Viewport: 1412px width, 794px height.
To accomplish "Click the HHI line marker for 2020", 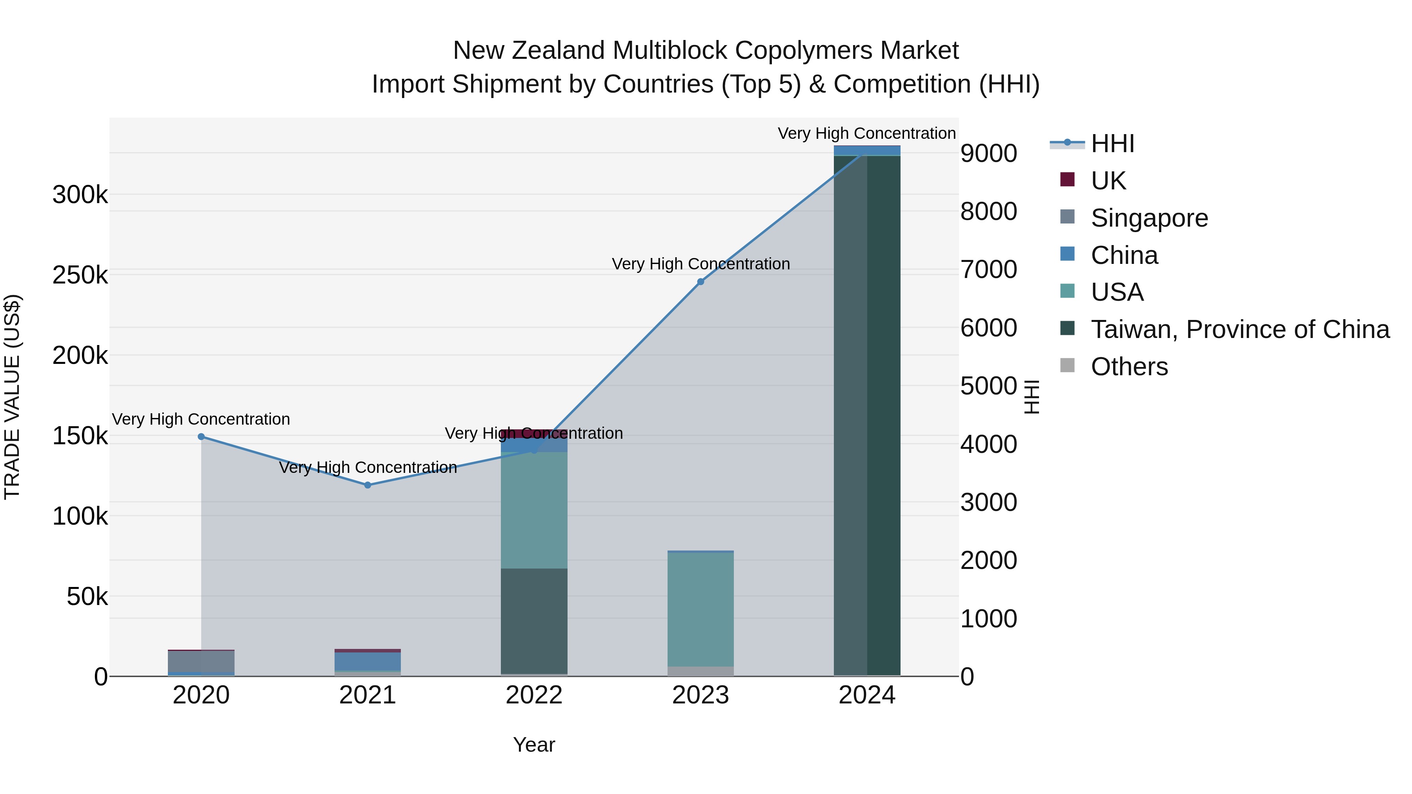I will tap(201, 437).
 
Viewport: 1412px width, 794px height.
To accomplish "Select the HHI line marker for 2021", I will tap(368, 485).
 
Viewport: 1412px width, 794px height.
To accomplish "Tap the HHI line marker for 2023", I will tap(701, 282).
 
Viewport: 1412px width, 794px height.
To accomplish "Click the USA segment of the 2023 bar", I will tap(701, 608).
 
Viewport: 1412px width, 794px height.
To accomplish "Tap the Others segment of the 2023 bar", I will tap(701, 671).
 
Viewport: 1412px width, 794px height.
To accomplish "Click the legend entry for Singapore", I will tap(1149, 218).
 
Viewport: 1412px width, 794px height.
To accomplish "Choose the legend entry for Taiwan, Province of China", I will tap(1240, 329).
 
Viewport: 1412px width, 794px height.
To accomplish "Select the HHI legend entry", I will tap(1112, 144).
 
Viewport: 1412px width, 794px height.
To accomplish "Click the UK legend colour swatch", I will tap(1067, 179).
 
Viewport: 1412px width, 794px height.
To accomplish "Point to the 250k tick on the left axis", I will tap(80, 275).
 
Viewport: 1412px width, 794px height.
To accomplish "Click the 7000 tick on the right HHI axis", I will tap(988, 270).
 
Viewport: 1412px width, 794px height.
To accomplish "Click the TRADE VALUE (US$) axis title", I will tap(12, 397).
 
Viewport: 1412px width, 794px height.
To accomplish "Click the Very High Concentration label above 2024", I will tap(866, 133).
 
